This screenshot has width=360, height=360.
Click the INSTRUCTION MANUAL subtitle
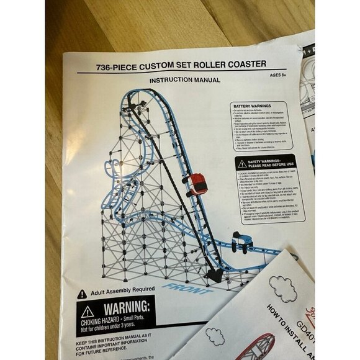coord(184,80)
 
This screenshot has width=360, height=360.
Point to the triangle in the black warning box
coord(87,312)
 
